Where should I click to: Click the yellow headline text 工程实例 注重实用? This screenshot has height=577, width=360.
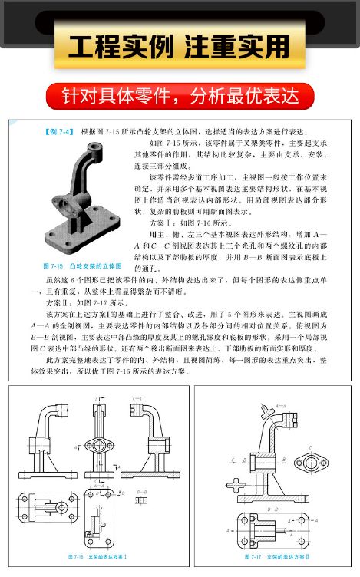(180, 48)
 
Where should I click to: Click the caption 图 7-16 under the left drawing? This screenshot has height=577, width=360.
(96, 554)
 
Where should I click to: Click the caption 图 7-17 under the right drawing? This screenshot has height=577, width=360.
(274, 554)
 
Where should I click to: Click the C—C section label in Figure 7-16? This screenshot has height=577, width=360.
(137, 397)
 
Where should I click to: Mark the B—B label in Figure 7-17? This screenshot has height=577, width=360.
(273, 507)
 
